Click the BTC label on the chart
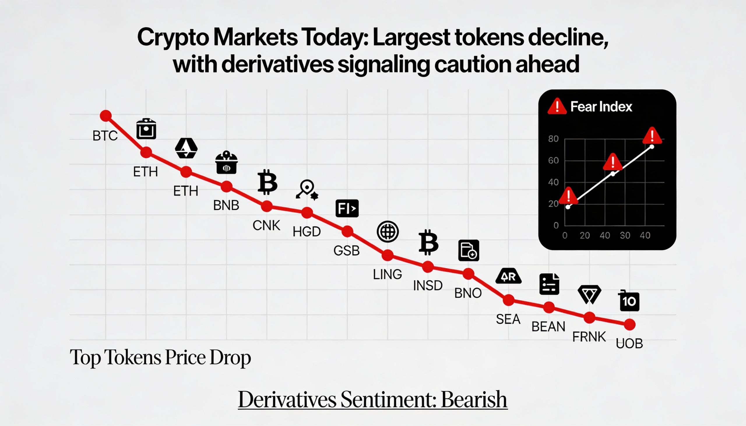pyautogui.click(x=105, y=136)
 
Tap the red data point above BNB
pyautogui.click(x=226, y=186)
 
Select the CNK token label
pyautogui.click(x=266, y=226)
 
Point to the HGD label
pyautogui.click(x=307, y=232)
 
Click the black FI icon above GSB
pyautogui.click(x=347, y=208)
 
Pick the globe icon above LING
pyautogui.click(x=388, y=232)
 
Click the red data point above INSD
pyautogui.click(x=428, y=267)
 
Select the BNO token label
pyautogui.click(x=468, y=293)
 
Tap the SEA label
pyautogui.click(x=508, y=319)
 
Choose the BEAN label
pyautogui.click(x=548, y=326)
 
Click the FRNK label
pyautogui.click(x=589, y=337)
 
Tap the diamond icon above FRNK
pyautogui.click(x=589, y=294)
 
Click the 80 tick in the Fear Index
pyautogui.click(x=553, y=139)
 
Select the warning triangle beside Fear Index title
pyautogui.click(x=557, y=106)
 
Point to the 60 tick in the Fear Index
pyautogui.click(x=553, y=161)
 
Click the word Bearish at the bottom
pyautogui.click(x=474, y=400)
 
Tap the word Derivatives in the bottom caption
pyautogui.click(x=287, y=400)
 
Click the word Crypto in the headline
pyautogui.click(x=173, y=38)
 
